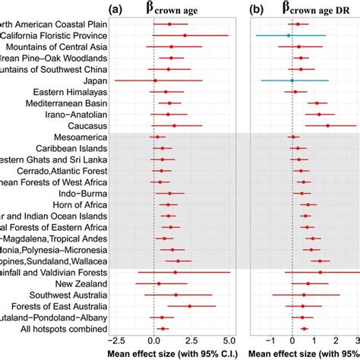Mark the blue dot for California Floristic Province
pos(289,36)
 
